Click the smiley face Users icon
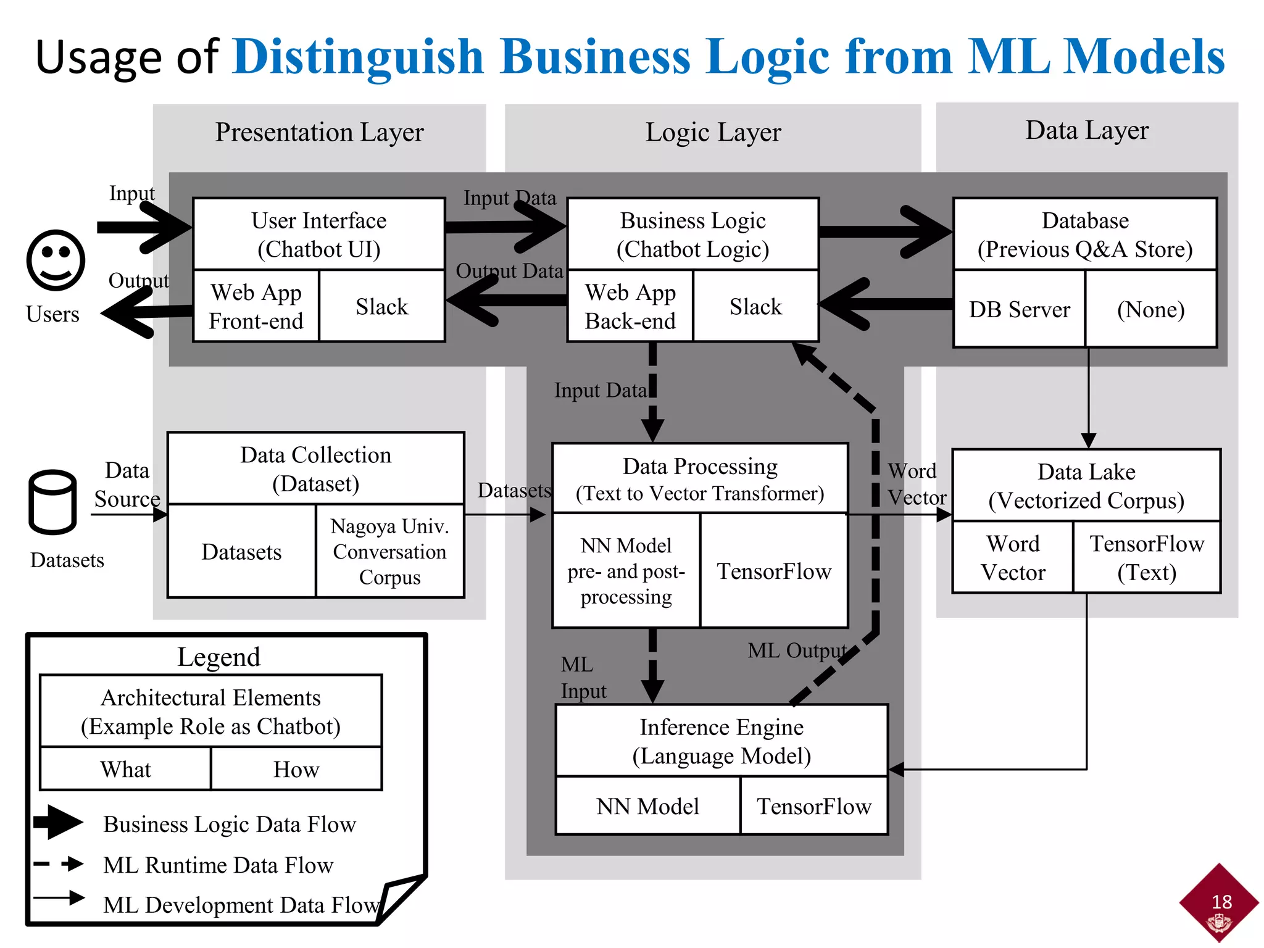coord(56,260)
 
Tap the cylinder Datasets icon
coord(52,502)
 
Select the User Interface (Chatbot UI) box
coord(318,235)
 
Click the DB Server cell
coord(1019,309)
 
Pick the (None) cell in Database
coord(1150,309)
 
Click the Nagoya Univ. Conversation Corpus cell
coord(389,551)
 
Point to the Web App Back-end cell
coord(630,306)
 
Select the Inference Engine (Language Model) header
coord(721,741)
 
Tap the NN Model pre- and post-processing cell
coord(626,571)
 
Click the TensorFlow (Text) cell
coord(1146,557)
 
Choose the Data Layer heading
coord(1086,130)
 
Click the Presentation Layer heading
coord(319,132)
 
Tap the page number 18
coord(1221,902)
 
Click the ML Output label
coord(796,651)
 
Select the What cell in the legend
coord(125,769)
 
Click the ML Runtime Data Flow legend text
coord(218,865)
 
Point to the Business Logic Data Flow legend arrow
coord(59,821)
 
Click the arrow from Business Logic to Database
coord(886,232)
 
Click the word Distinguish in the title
coord(358,57)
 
